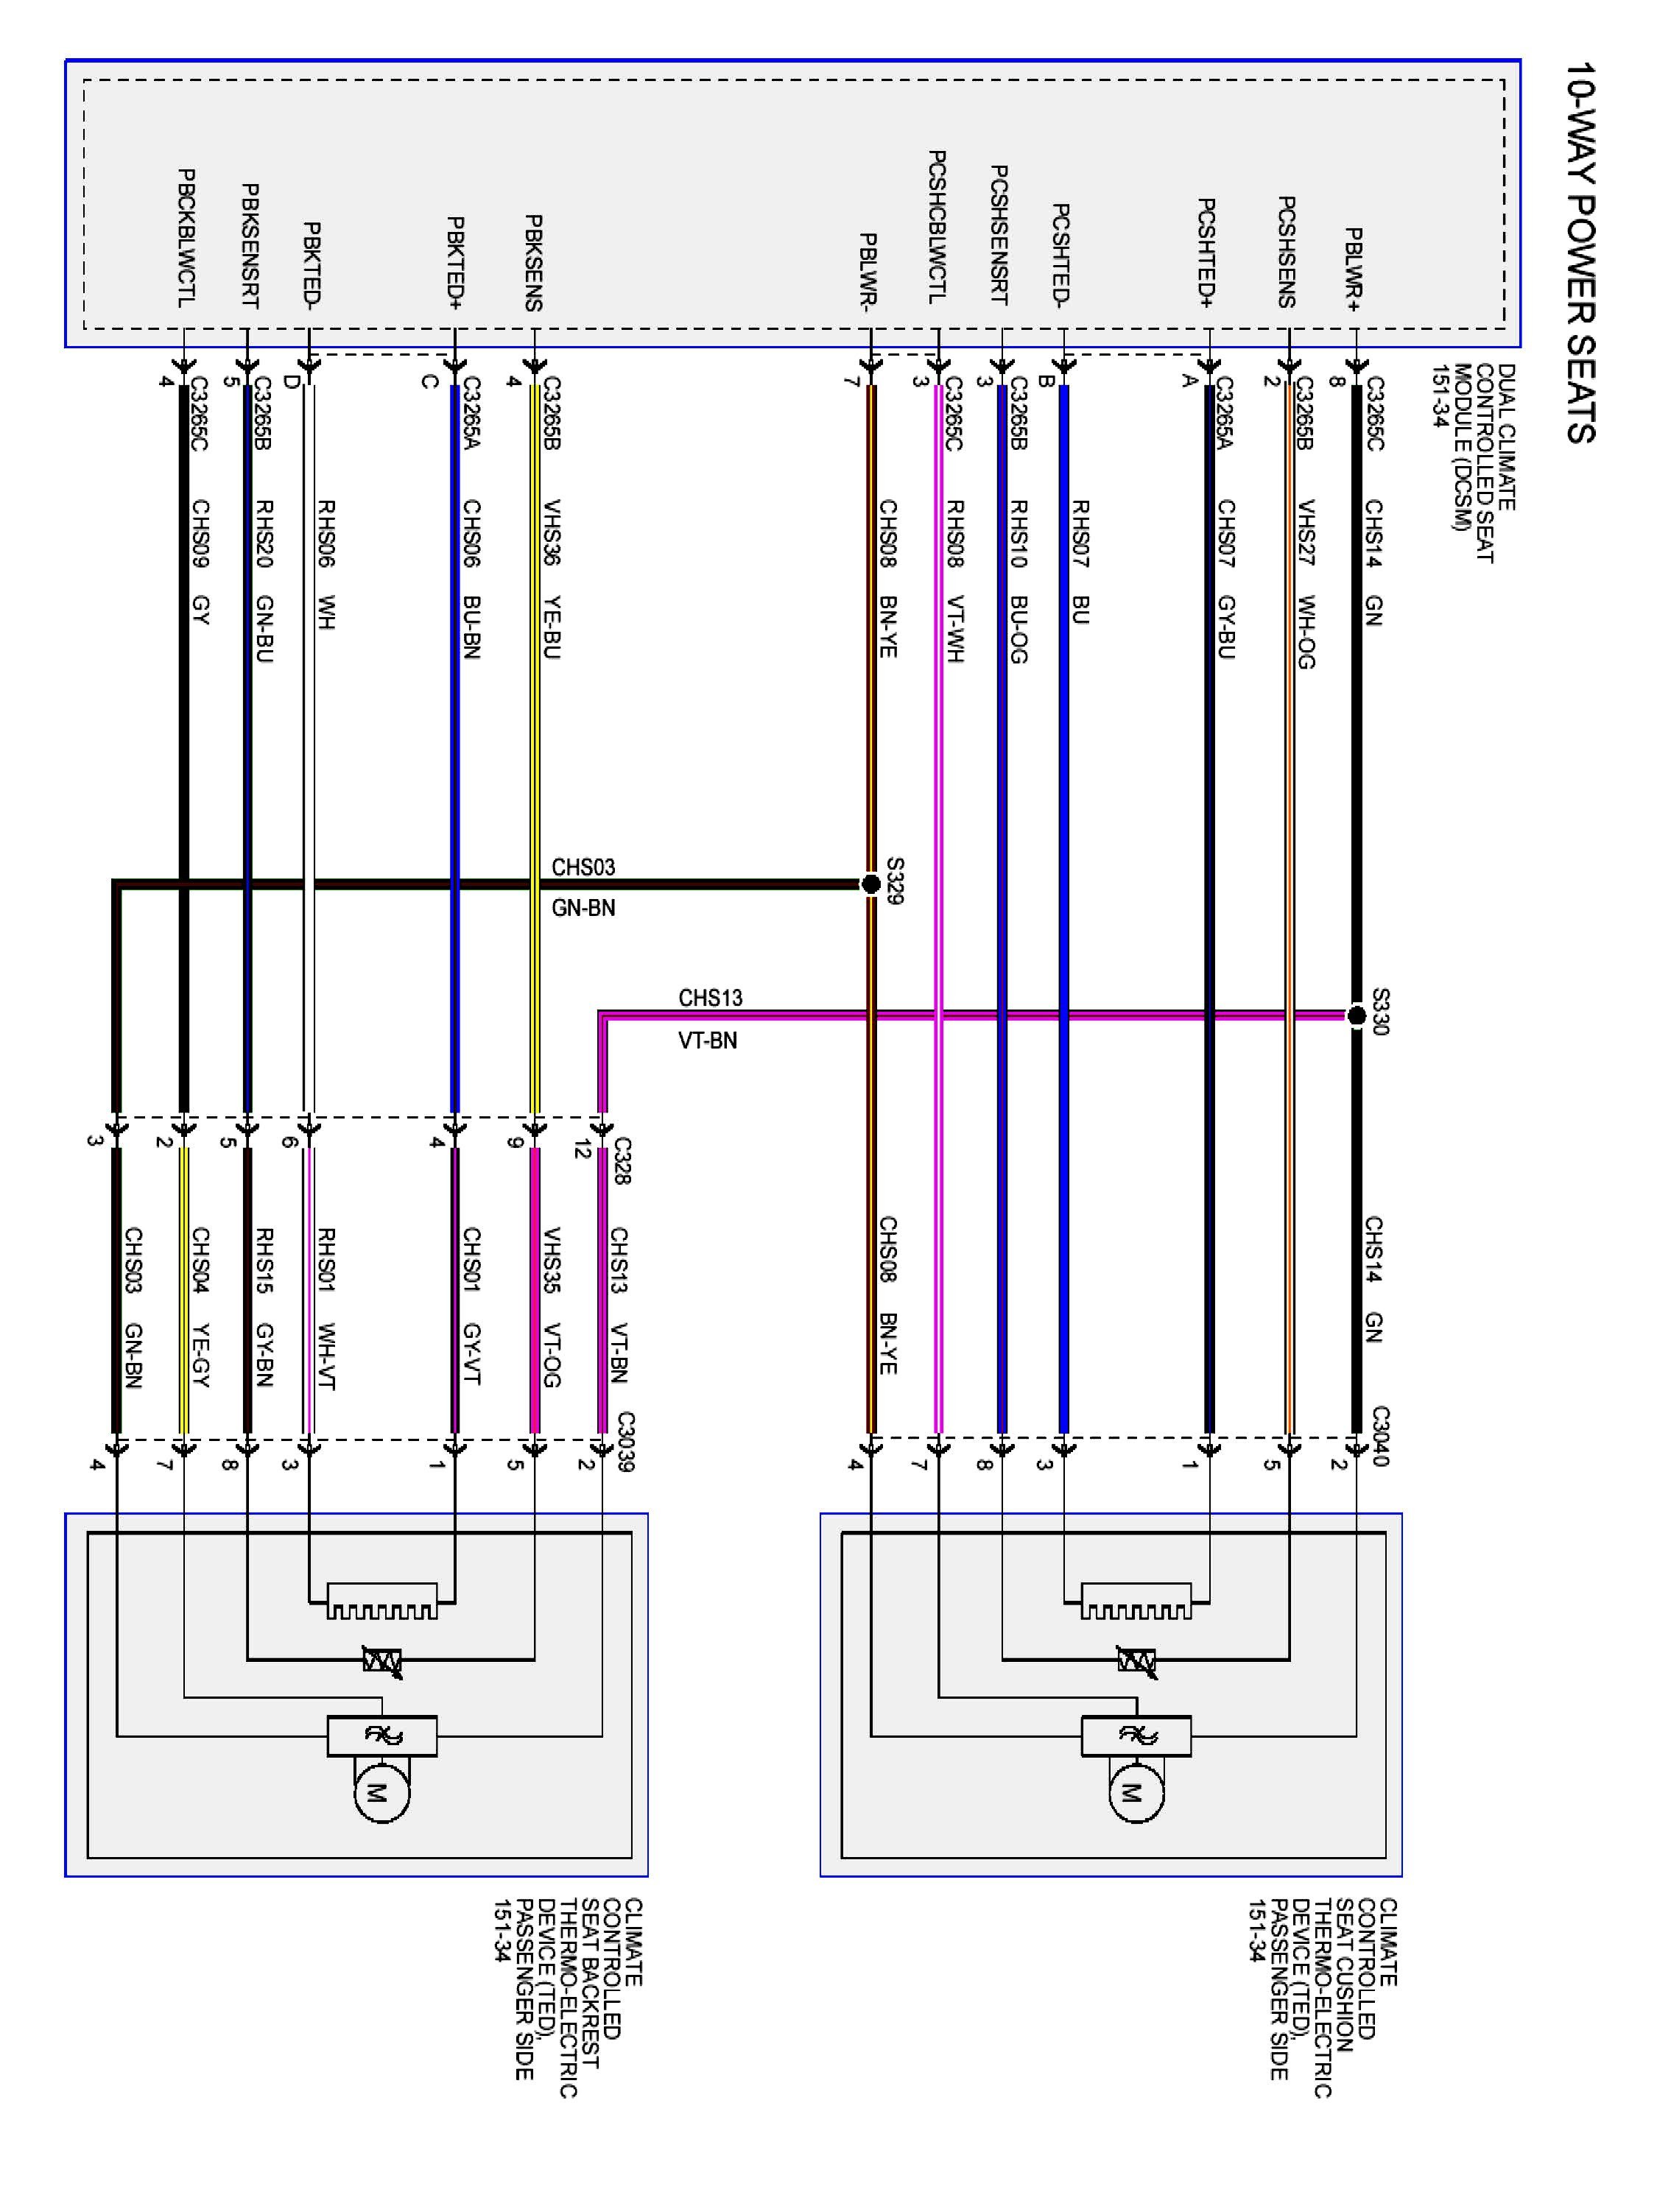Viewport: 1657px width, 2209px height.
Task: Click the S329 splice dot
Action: pyautogui.click(x=871, y=883)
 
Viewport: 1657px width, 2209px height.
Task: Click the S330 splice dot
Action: pyautogui.click(x=1355, y=1015)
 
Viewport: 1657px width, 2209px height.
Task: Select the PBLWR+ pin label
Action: pyautogui.click(x=1354, y=269)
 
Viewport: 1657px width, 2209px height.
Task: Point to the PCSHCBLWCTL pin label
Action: pyautogui.click(x=936, y=228)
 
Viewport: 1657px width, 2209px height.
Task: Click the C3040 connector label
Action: pyautogui.click(x=1379, y=1436)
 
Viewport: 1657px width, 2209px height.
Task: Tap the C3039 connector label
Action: pyautogui.click(x=625, y=1441)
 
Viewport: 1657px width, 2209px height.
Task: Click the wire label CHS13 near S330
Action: pyautogui.click(x=710, y=998)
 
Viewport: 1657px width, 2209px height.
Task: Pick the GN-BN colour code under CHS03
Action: pyautogui.click(x=583, y=908)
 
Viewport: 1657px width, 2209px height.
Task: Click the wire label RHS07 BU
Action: pyautogui.click(x=1079, y=563)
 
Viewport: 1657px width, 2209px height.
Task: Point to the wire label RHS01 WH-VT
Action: pyautogui.click(x=325, y=1309)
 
